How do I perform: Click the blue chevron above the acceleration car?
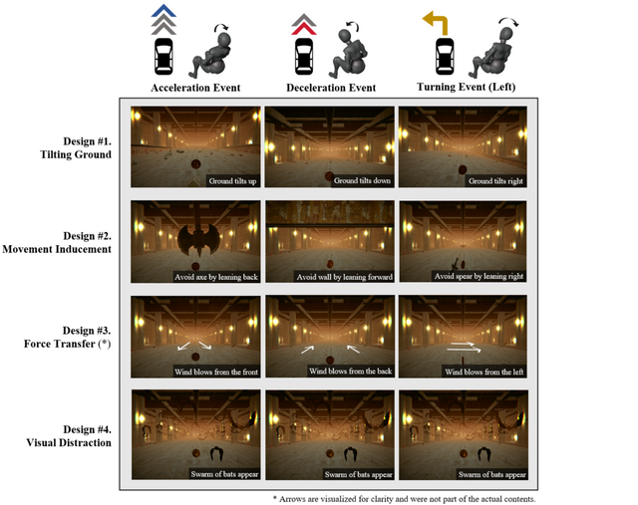click(163, 11)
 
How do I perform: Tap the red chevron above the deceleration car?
click(304, 30)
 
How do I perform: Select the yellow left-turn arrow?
click(436, 23)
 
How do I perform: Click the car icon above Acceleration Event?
click(163, 57)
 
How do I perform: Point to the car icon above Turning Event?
click(445, 57)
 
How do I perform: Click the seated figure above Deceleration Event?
click(349, 51)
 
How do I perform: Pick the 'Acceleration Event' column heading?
click(195, 88)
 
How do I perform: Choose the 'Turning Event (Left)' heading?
click(466, 87)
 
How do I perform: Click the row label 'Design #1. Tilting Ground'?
click(76, 148)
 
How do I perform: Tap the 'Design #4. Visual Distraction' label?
click(69, 436)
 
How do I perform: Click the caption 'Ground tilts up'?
click(232, 181)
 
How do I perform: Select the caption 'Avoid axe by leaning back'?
click(216, 277)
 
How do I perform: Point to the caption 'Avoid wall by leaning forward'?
click(344, 277)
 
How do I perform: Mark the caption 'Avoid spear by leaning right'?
click(478, 277)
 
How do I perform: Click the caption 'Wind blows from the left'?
click(483, 372)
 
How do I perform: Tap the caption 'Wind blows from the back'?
click(350, 372)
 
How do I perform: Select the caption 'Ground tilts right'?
click(495, 181)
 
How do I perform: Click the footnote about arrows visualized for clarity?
click(404, 499)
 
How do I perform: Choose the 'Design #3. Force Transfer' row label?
click(67, 337)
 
